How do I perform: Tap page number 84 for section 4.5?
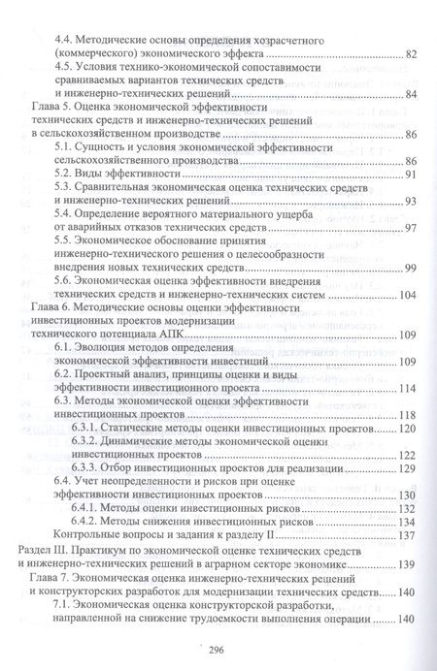coord(410,94)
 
